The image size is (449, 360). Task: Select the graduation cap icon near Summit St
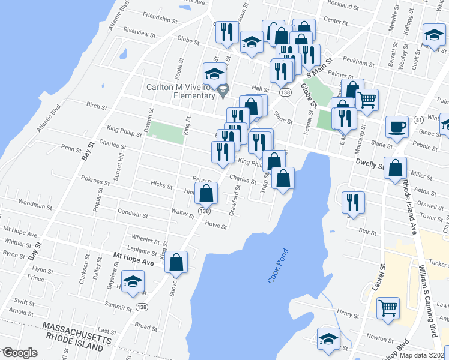click(x=133, y=281)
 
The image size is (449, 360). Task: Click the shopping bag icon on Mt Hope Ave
click(x=176, y=262)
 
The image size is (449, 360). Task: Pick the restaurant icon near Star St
click(x=352, y=202)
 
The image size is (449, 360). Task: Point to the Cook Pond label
click(x=278, y=266)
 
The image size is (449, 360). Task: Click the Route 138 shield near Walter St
click(x=205, y=211)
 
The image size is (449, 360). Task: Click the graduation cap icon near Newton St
click(x=328, y=340)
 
